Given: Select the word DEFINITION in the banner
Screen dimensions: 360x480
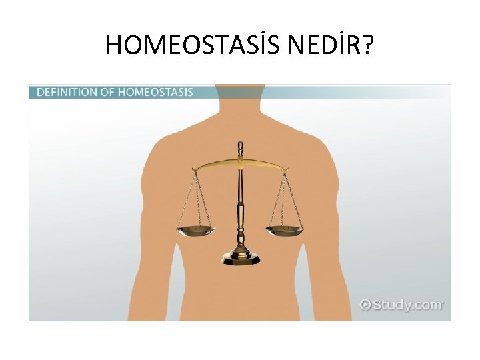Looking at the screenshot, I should coord(65,92).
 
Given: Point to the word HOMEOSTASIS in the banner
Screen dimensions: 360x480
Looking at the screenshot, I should coord(155,92).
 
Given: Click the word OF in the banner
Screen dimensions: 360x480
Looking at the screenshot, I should coord(107,92).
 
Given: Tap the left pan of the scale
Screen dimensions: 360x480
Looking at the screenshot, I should coord(196,231).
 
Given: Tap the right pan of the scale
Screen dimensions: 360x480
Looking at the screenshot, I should coord(284,231).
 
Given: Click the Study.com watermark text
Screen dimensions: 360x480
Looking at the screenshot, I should coord(407,305).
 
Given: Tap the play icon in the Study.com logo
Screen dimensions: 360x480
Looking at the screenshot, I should coord(365,305).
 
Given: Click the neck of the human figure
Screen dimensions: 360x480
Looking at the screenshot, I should coord(240,100).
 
